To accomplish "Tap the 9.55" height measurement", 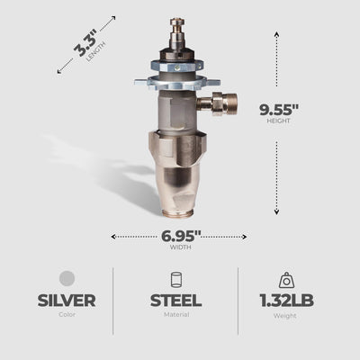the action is click(279, 110).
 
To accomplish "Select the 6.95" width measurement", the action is click(181, 236).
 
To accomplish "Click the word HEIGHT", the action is click(279, 121).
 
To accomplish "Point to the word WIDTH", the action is click(181, 247).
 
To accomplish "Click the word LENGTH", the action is click(96, 51).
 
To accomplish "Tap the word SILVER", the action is click(67, 301).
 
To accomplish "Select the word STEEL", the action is click(175, 301).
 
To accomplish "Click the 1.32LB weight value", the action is click(286, 301).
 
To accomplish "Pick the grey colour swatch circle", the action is click(67, 278).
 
